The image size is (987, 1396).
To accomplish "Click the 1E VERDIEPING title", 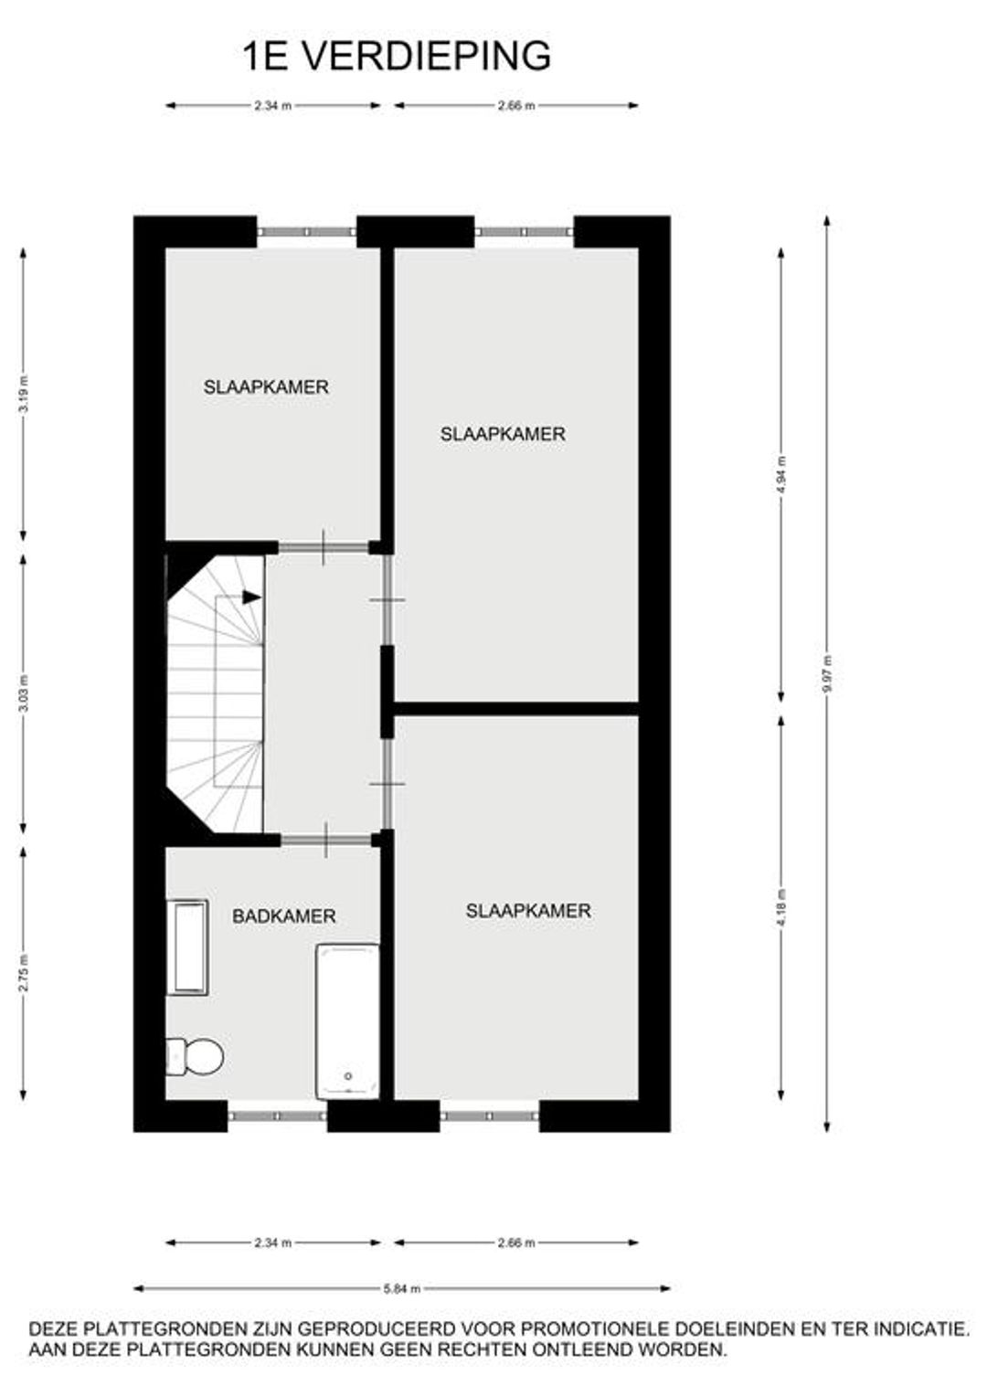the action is (x=397, y=56).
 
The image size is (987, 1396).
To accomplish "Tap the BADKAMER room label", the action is (x=283, y=916).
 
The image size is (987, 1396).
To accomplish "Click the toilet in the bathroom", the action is (x=195, y=1057).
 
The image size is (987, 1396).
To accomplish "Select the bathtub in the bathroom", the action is (x=347, y=1021).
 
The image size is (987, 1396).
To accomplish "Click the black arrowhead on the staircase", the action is (x=252, y=597).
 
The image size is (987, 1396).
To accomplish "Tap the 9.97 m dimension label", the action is (x=827, y=673).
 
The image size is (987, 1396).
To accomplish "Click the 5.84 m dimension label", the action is (x=402, y=1289).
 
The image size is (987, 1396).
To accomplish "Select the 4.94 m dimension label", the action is (x=782, y=474).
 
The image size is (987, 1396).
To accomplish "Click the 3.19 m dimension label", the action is (x=24, y=393).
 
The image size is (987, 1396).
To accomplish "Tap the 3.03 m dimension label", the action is (x=24, y=693).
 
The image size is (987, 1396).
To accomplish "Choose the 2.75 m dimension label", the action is (x=24, y=973).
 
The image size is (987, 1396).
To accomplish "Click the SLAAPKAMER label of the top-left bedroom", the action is (x=266, y=387).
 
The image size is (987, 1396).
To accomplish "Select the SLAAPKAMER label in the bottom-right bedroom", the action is (x=528, y=911).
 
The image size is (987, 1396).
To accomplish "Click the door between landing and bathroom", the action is (x=325, y=841).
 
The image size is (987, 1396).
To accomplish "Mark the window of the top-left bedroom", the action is (x=306, y=231).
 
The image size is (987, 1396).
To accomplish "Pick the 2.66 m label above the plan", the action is (x=516, y=105).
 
